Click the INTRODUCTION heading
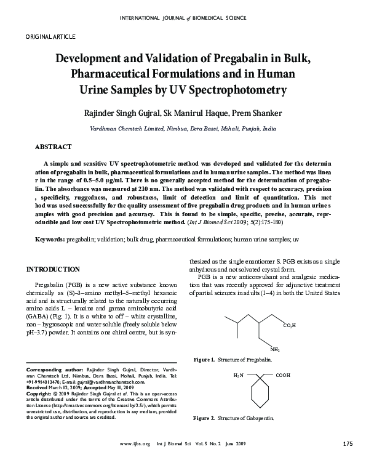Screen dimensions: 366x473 pyautogui.click(x=52, y=269)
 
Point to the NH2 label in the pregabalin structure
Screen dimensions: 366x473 pyautogui.click(x=274, y=349)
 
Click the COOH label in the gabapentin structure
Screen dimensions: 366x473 pyautogui.click(x=283, y=374)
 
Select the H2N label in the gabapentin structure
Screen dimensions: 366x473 pyautogui.click(x=239, y=374)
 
